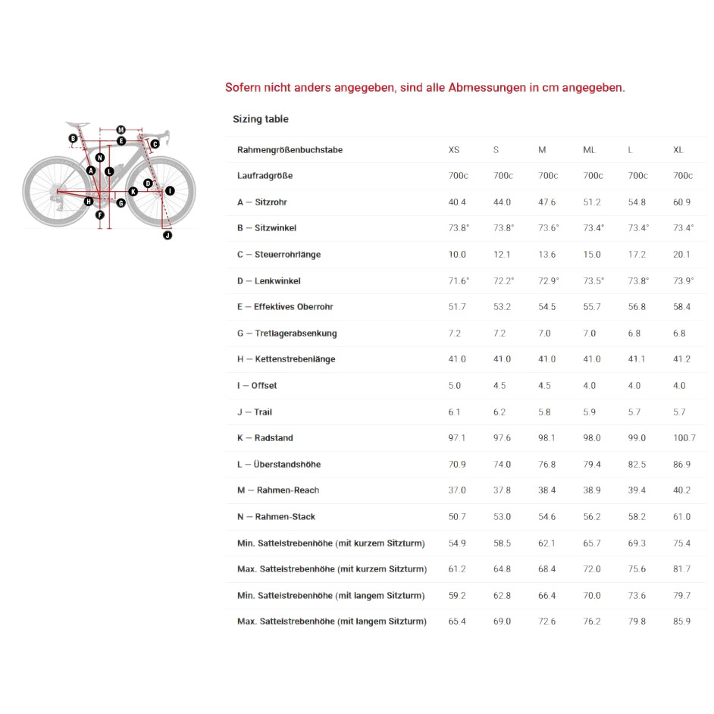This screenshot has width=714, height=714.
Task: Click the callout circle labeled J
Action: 168,236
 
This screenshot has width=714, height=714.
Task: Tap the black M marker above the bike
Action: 121,130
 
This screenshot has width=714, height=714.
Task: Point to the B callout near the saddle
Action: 73,139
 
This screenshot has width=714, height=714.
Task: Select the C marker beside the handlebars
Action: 155,144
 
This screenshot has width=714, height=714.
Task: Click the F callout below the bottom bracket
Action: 99,215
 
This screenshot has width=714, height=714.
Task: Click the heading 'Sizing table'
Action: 260,119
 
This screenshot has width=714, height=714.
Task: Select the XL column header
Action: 678,150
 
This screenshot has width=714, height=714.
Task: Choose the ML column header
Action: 589,150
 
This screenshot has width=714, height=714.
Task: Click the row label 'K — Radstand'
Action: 265,438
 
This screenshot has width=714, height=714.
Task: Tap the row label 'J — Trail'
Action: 254,412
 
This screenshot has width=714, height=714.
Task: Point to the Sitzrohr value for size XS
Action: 457,202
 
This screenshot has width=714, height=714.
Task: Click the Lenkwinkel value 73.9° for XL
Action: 683,281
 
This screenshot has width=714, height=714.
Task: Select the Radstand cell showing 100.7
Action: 684,438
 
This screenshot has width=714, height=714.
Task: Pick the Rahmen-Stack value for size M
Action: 546,517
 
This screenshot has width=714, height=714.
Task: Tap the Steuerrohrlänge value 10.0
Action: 457,255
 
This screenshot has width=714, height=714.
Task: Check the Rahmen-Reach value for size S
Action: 502,490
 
